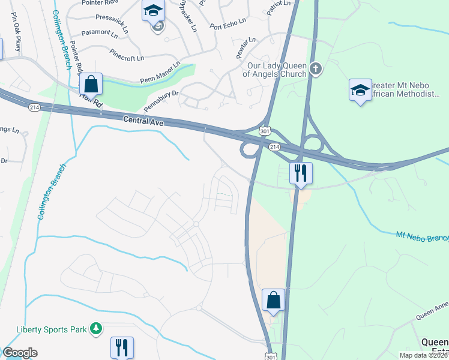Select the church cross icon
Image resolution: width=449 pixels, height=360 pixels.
316,70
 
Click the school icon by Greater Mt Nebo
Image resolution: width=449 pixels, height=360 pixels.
360,90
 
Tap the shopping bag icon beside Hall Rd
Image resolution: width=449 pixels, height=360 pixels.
91,83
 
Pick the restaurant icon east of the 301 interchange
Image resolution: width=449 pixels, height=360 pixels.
301,173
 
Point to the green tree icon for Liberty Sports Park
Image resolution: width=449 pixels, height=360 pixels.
95,328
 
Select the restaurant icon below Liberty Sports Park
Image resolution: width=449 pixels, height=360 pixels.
122,346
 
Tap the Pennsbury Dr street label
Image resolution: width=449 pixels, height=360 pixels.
162,101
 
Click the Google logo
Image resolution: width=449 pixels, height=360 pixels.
20,353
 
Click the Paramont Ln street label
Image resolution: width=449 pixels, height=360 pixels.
100,34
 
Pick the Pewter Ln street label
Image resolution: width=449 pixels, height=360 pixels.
247,49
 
